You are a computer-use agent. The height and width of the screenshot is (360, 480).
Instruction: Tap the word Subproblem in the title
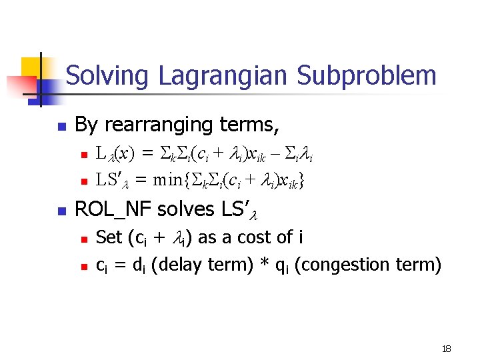(366, 75)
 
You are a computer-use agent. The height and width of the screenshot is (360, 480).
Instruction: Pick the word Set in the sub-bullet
(109, 237)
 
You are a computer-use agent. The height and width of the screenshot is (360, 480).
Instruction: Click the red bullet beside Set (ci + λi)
(83, 239)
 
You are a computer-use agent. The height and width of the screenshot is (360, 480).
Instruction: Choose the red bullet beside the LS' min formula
(83, 180)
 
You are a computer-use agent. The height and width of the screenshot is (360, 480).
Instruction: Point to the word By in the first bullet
(85, 125)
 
